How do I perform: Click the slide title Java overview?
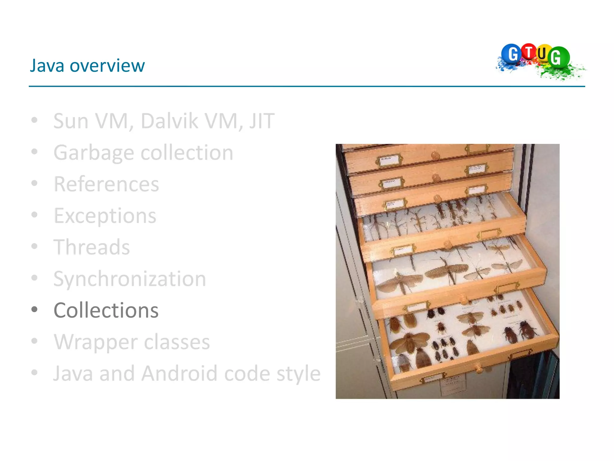pos(87,65)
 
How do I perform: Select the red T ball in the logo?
pos(529,52)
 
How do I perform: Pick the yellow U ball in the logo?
pos(542,54)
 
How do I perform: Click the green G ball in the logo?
pos(558,57)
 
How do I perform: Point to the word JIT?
pos(262,121)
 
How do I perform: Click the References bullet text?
pos(106,184)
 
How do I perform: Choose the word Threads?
pos(92,247)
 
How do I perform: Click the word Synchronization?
pos(130,279)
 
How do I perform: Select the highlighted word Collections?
pos(106,310)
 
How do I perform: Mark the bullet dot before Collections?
pos(34,309)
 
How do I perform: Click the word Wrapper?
pos(96,342)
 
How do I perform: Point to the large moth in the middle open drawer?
pos(447,270)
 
